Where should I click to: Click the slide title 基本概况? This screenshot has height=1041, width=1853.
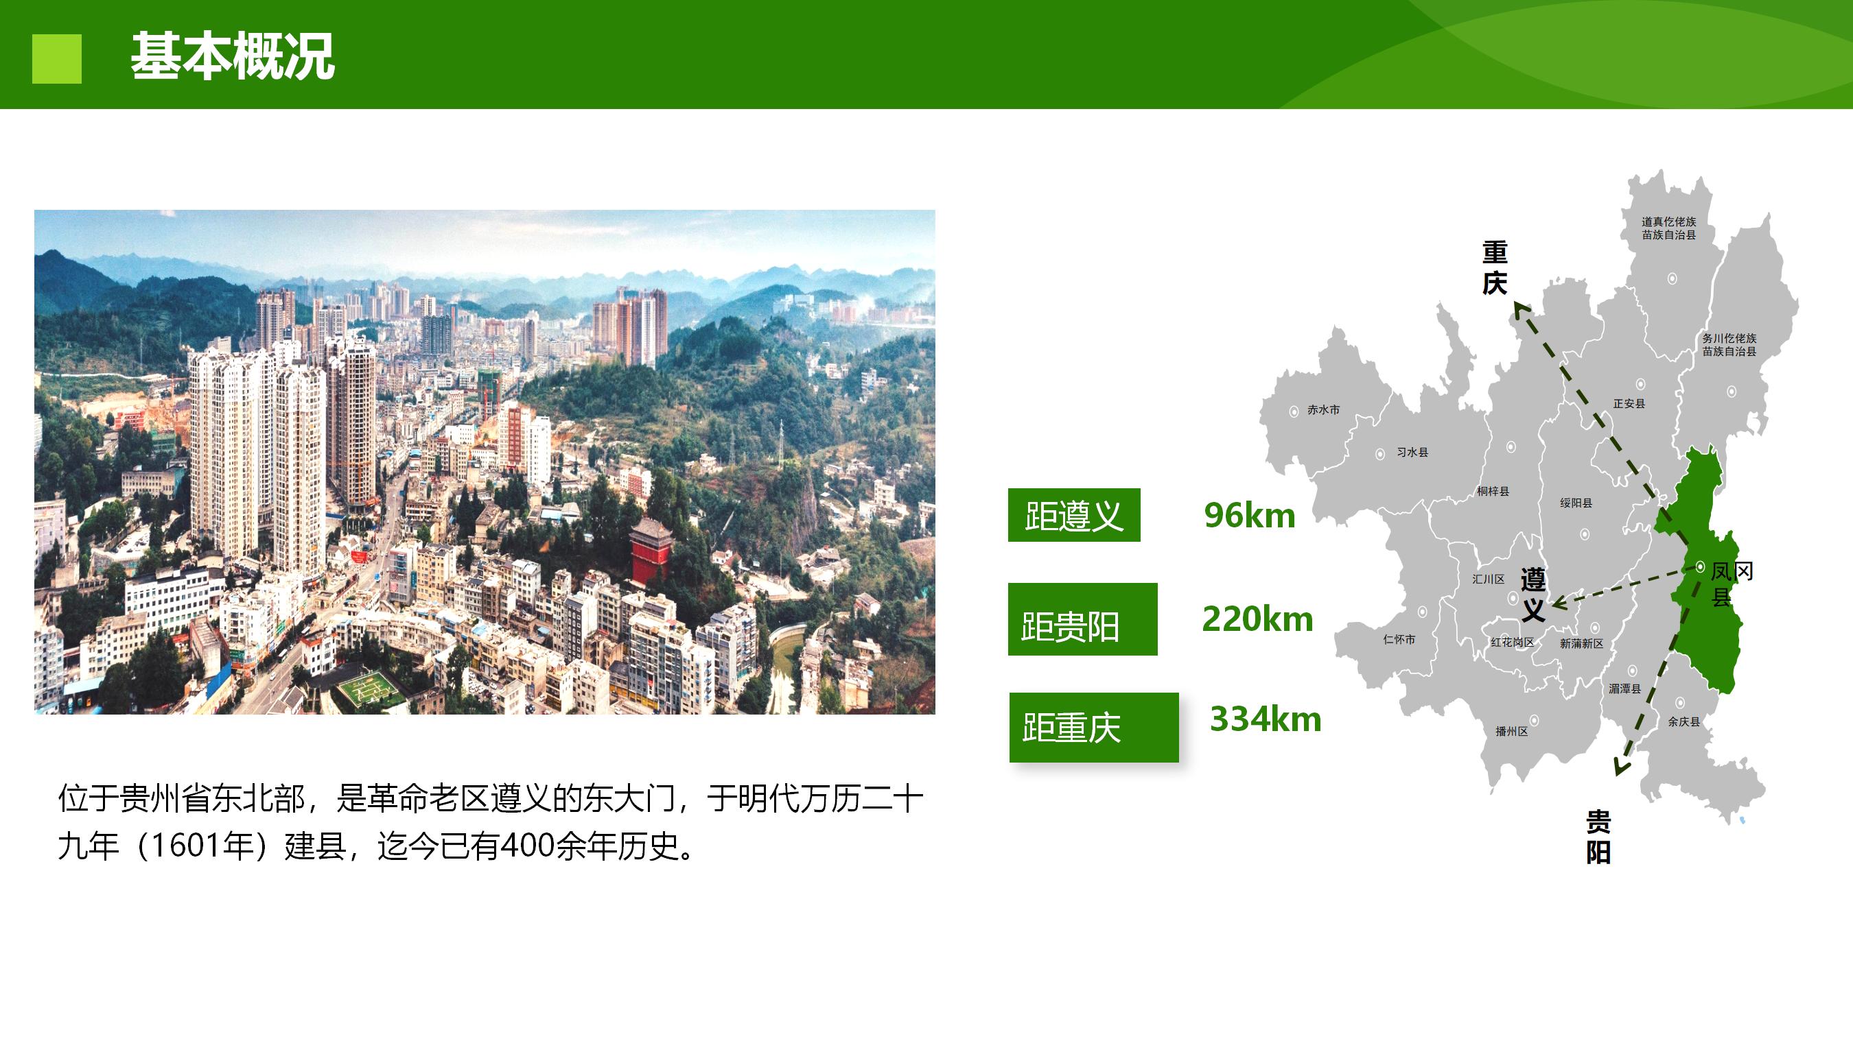233,56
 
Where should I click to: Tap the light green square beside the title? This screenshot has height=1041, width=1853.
57,59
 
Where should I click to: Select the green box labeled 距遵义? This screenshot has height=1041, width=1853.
1074,515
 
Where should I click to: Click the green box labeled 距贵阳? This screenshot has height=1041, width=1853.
1082,619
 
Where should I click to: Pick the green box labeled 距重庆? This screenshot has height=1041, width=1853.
1094,727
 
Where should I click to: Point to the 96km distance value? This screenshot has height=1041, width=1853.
1250,516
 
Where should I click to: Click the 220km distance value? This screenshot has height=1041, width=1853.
1257,619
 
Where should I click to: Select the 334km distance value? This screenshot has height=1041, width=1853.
1266,719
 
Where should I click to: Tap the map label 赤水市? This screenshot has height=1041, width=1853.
1324,410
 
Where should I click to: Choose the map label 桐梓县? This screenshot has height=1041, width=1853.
1493,492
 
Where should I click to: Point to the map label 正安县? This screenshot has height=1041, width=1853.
1629,404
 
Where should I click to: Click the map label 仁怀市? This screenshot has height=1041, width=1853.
1399,639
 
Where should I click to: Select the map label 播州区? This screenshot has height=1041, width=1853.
1511,731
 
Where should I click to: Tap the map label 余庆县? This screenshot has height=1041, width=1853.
1684,722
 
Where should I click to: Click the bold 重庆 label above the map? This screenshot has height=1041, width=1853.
1495,268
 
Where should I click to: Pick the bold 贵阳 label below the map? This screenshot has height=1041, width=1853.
1598,837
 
